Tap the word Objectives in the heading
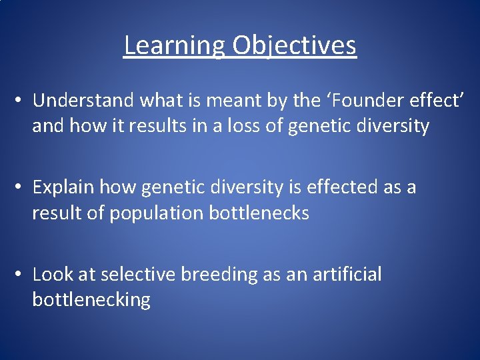(x=294, y=46)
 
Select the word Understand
(x=85, y=100)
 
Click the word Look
(x=53, y=274)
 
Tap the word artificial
(x=347, y=274)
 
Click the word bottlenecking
(x=91, y=299)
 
